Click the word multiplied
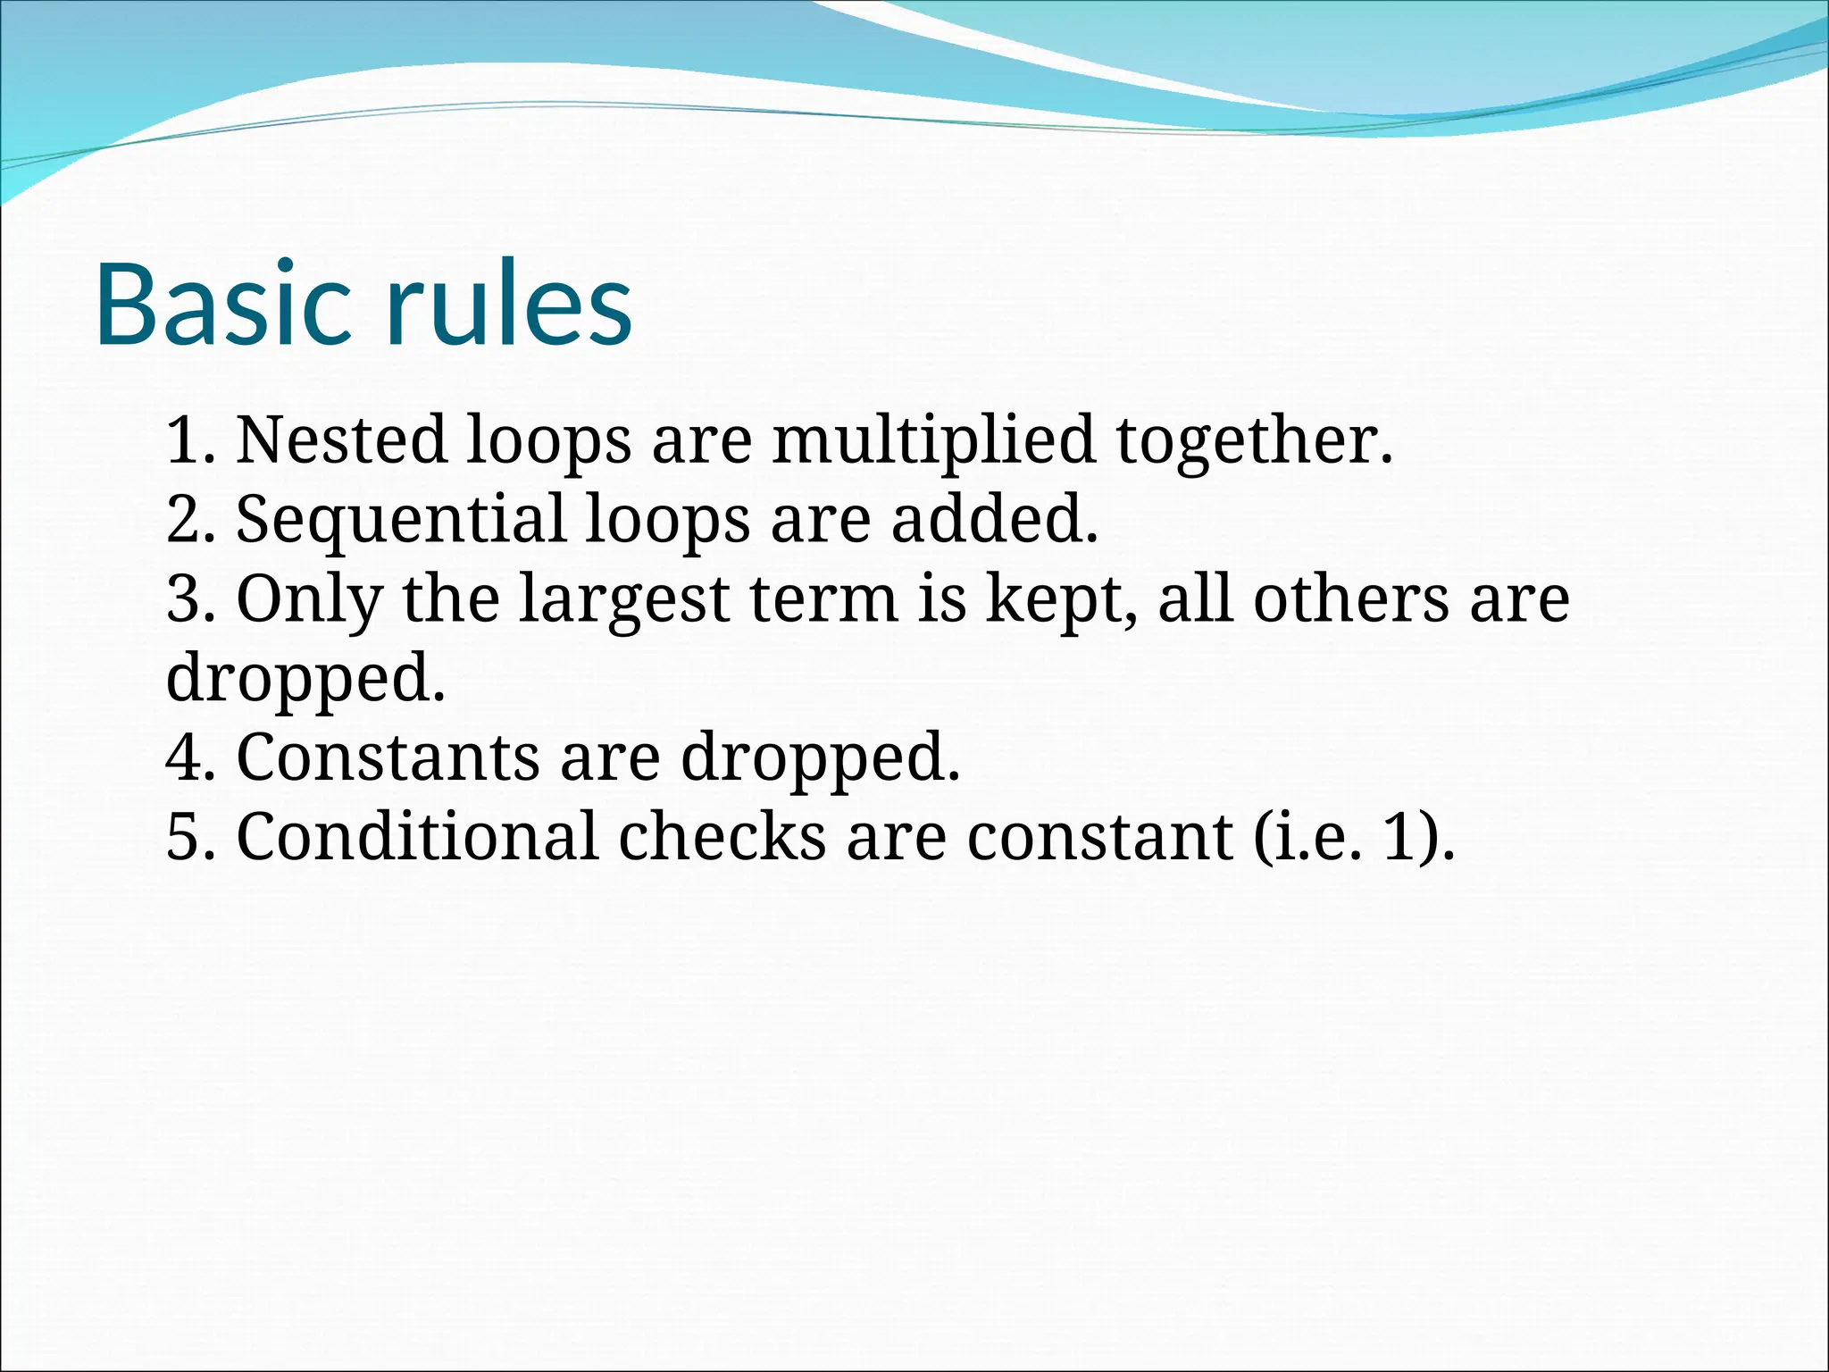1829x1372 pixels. coord(933,439)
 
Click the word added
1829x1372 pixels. coord(993,519)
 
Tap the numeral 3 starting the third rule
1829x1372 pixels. coord(184,598)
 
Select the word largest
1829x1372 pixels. coord(624,598)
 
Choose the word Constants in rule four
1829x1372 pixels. coord(387,757)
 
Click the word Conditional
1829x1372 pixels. coord(416,837)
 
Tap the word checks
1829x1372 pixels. coord(722,837)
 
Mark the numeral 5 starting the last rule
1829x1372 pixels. coord(184,837)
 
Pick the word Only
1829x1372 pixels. coord(309,598)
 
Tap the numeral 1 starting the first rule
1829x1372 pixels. coord(184,439)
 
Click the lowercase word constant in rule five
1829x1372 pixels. coord(1098,837)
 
